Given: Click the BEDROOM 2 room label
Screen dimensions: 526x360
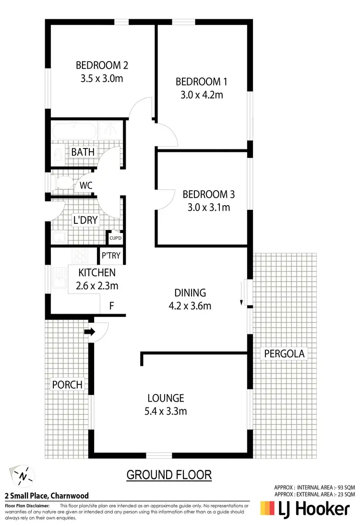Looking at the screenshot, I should coord(102,65).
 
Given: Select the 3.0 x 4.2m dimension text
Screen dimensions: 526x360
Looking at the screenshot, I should coord(202,95).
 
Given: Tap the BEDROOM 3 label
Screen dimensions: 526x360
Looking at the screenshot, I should coord(209,195).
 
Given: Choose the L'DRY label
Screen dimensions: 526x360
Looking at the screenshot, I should coord(85,220).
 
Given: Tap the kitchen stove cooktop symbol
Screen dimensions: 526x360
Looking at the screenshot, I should coord(80,256).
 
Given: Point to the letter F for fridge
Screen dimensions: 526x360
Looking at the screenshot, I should coord(111,305).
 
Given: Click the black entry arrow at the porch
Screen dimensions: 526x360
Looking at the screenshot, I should coord(90,331).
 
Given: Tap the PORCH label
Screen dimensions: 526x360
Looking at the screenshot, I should coord(67,384).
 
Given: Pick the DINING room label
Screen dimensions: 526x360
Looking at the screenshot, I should coord(190,293).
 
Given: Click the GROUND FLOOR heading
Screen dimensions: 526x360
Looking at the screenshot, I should coord(169,475).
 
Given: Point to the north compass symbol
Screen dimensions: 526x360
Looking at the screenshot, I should coord(23,476).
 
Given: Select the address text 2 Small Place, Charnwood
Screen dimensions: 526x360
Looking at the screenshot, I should coord(47,496).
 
